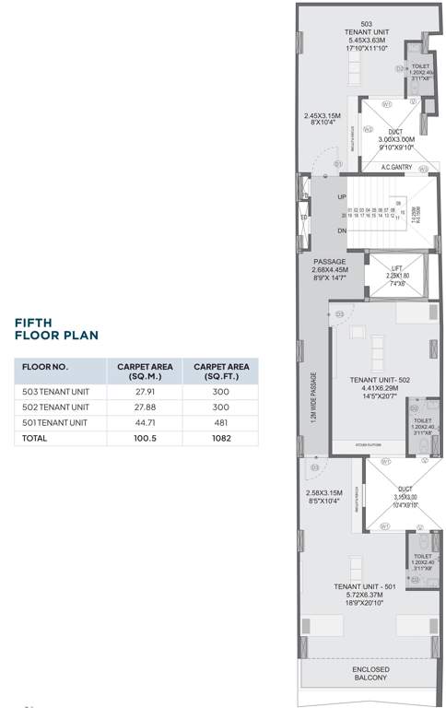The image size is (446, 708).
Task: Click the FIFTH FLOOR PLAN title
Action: [55, 329]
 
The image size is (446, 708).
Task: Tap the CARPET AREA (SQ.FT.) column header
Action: [218, 372]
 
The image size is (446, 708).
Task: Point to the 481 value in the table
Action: [218, 422]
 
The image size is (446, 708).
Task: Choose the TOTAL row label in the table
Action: [34, 439]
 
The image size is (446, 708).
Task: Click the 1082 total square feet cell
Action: [218, 439]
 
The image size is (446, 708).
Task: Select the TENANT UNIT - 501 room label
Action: [365, 586]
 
